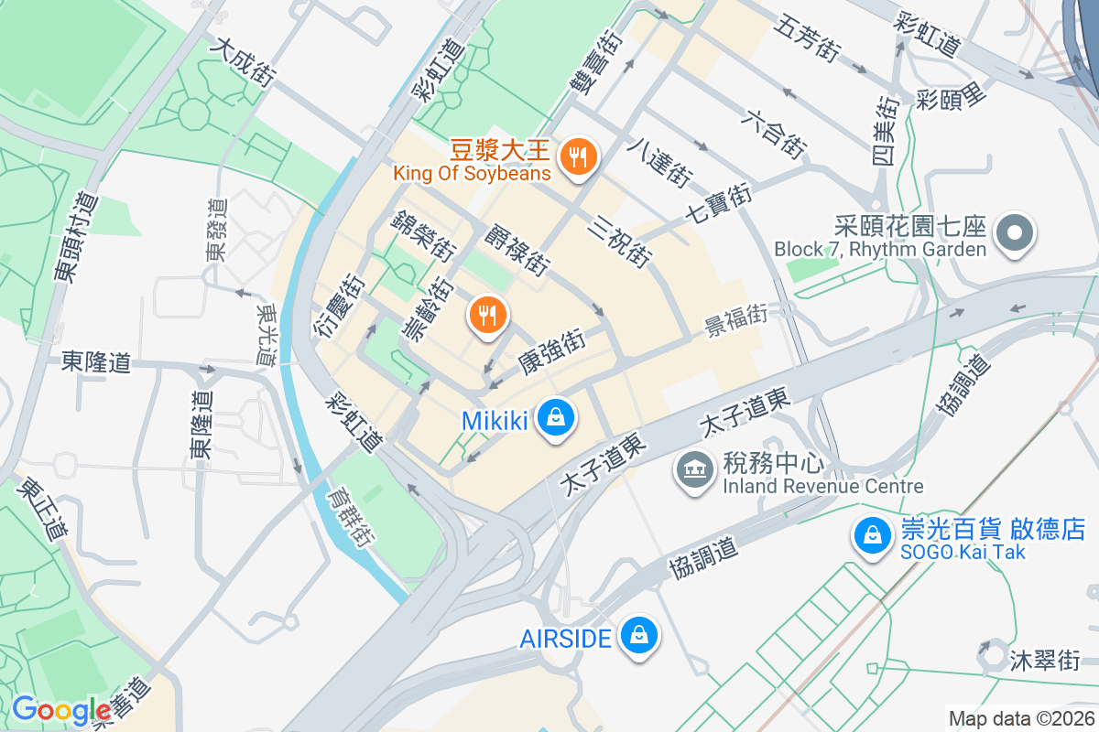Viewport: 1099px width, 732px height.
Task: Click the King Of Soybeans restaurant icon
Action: click(x=577, y=157)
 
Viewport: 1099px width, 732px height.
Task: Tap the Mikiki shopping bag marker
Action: click(x=555, y=418)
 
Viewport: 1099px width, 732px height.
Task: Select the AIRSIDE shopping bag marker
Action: click(x=638, y=634)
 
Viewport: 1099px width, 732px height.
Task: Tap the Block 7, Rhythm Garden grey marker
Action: click(x=1014, y=231)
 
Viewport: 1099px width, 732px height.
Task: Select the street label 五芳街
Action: click(x=807, y=39)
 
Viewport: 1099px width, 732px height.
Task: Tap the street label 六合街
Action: click(x=775, y=133)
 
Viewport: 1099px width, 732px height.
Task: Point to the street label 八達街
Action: click(x=659, y=163)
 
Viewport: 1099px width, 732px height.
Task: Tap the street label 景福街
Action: click(x=734, y=319)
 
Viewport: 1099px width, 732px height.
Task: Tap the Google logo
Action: click(x=60, y=710)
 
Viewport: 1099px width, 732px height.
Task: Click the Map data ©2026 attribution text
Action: click(x=1021, y=718)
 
